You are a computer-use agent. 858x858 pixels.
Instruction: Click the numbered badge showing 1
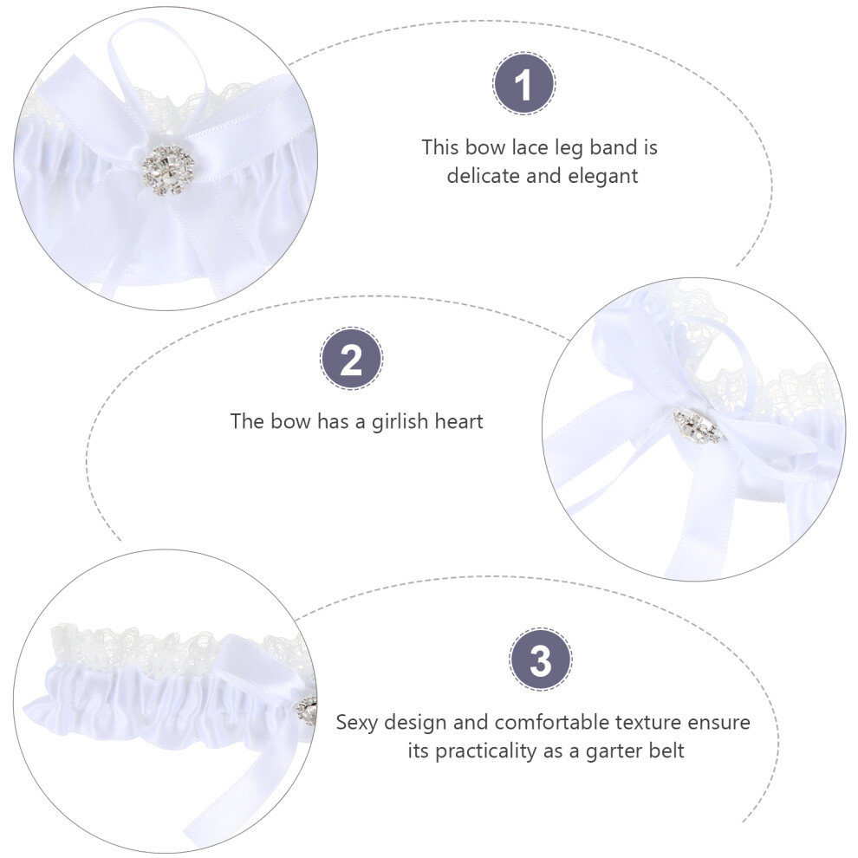click(523, 84)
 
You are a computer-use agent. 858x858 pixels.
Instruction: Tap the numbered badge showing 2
click(351, 359)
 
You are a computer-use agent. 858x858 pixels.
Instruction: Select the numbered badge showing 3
click(541, 660)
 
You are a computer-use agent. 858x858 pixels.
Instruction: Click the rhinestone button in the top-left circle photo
click(168, 170)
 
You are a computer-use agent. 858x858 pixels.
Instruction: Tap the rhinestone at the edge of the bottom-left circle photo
click(307, 712)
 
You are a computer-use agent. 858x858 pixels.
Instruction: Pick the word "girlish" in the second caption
click(400, 422)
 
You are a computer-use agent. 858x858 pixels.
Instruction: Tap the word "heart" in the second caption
click(458, 422)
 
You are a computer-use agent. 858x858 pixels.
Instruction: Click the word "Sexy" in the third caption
click(357, 723)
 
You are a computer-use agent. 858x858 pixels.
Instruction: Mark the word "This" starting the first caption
click(440, 147)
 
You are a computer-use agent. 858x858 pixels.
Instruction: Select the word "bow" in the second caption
click(291, 422)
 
